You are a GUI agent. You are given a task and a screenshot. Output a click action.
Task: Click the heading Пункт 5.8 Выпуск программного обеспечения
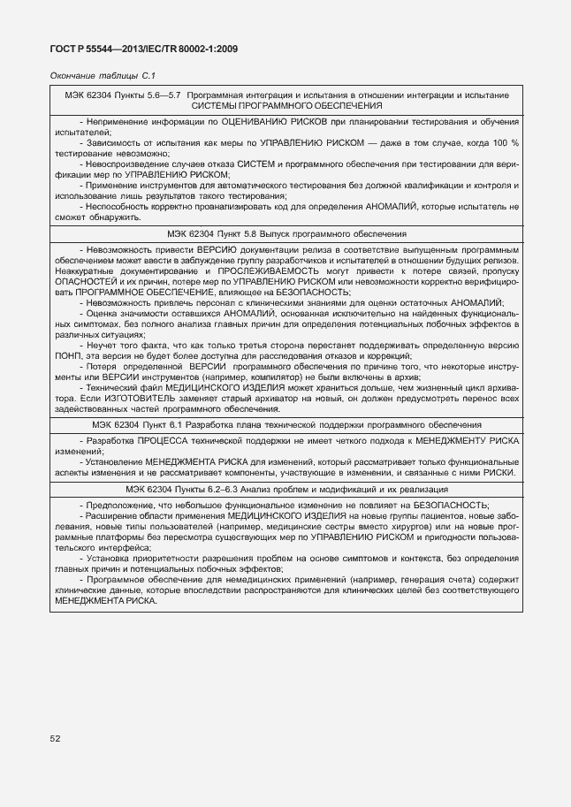click(286, 234)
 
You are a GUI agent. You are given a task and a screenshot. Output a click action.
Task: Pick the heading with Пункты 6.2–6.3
click(286, 487)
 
